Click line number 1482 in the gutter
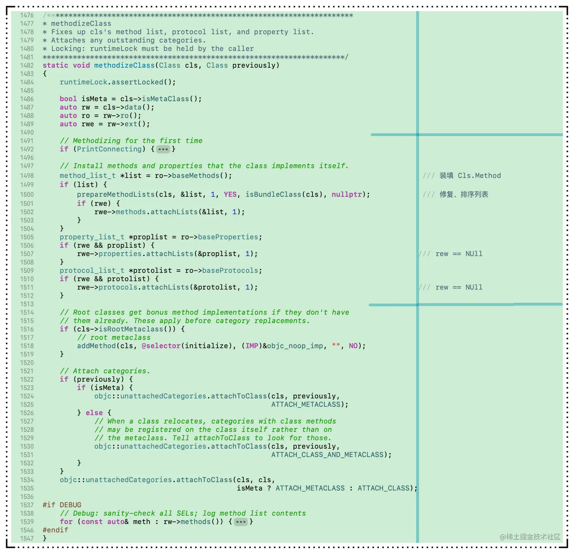[27, 65]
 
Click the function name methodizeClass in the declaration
[125, 65]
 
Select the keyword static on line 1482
[55, 65]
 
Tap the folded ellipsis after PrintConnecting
[163, 149]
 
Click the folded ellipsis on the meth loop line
[241, 522]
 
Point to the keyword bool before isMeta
[68, 99]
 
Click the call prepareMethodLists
[116, 194]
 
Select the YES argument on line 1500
[230, 194]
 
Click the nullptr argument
[347, 194]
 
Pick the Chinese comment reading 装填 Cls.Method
[470, 176]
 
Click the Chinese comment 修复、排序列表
[464, 194]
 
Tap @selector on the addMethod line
[161, 346]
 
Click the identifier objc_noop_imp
[295, 346]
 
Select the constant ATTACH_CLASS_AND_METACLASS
[328, 455]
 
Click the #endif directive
[55, 530]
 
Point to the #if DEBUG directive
[62, 505]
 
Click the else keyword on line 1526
[94, 413]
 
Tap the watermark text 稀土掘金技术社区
[533, 537]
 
